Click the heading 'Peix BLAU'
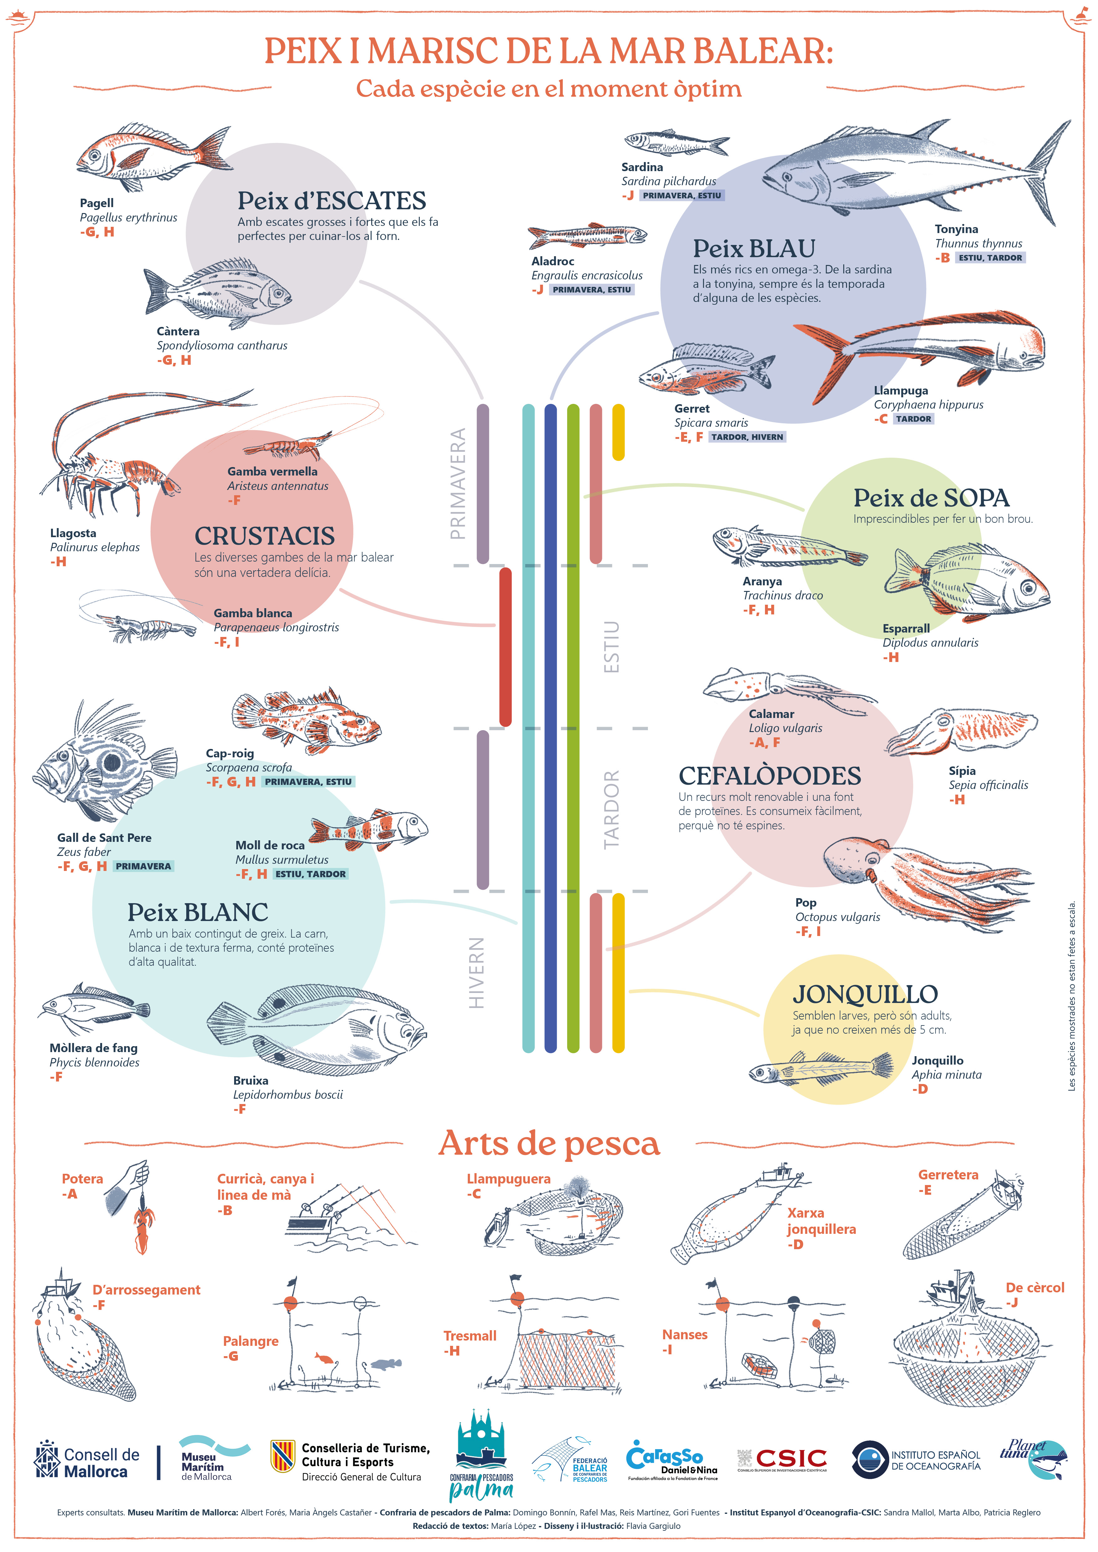pos(754,249)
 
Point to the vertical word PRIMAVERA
pos(459,483)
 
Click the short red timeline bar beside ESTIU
pos(505,647)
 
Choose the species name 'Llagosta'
pos(73,533)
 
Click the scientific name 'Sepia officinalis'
pos(988,785)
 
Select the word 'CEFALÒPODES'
pos(769,776)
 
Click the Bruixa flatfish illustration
pos(318,1027)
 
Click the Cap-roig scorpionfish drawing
pos(308,720)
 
